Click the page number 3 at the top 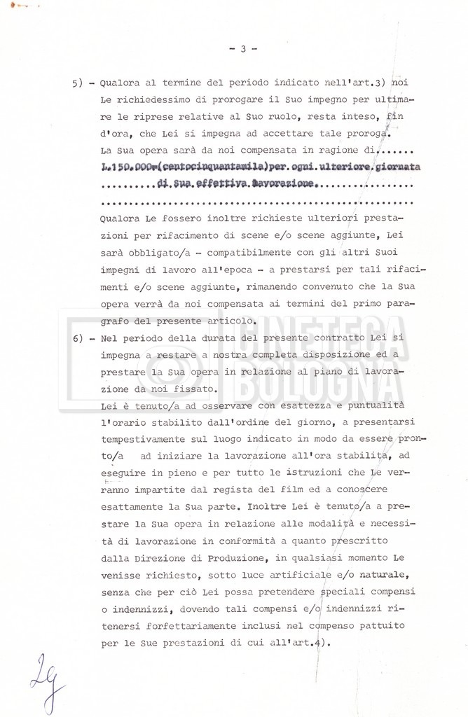point(242,49)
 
